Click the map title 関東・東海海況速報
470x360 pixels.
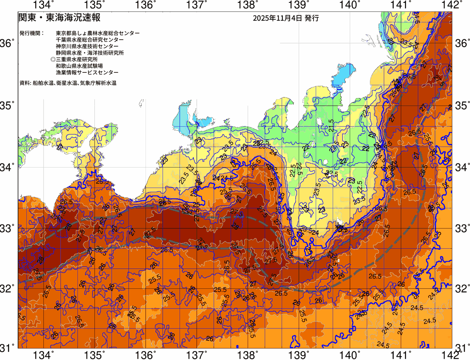[59, 18]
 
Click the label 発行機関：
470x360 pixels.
[32, 33]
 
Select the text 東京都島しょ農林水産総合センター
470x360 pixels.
[98, 33]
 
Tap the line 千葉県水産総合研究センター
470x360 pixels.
[90, 40]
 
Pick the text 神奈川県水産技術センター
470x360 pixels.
[87, 46]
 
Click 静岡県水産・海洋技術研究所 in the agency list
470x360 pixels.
[90, 53]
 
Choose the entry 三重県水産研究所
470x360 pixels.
[77, 59]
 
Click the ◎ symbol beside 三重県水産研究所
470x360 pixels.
[53, 59]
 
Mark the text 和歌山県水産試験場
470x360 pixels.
[79, 66]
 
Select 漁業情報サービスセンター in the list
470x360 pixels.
[87, 72]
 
